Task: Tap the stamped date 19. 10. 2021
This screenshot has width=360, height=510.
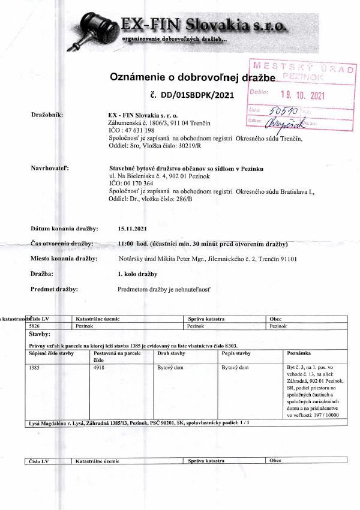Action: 302,94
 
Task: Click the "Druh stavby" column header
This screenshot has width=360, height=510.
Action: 170,354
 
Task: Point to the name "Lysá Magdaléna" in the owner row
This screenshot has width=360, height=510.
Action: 48,422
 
